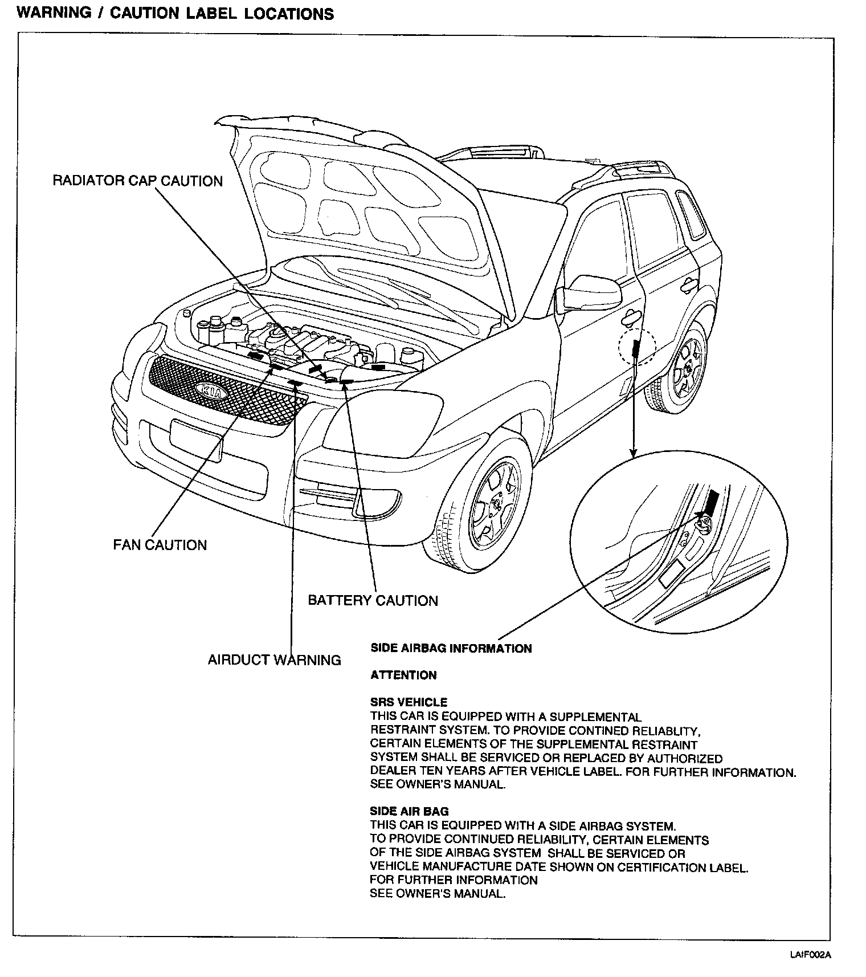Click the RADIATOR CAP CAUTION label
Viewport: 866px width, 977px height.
pos(137,181)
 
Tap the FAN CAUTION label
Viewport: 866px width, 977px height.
pos(160,545)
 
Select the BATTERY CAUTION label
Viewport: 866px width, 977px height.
pos(373,600)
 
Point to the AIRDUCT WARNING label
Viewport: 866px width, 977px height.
pos(274,660)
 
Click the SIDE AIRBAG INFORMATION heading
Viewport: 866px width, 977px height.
pos(451,648)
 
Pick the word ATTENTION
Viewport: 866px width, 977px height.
pos(403,675)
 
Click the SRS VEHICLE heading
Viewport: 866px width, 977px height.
pos(409,702)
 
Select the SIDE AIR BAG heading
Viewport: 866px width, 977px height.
pos(409,811)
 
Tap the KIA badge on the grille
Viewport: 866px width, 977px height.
pos(212,392)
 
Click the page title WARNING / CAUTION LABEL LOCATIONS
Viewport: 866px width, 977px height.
pos(175,14)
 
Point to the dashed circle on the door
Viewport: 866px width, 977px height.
pos(637,346)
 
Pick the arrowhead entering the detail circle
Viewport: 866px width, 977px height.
pos(632,453)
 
